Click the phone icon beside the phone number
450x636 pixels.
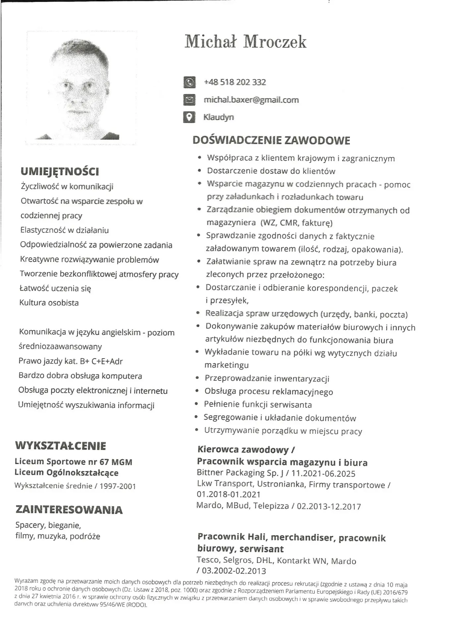click(x=189, y=82)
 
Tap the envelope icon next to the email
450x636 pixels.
click(x=189, y=100)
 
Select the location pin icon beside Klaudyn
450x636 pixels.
click(x=189, y=117)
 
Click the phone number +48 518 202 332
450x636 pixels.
click(x=235, y=82)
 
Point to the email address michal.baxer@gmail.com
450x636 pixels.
click(x=251, y=100)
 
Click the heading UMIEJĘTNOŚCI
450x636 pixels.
click(x=60, y=171)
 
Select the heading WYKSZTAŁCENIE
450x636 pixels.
click(x=61, y=446)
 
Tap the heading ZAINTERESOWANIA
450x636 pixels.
click(x=69, y=509)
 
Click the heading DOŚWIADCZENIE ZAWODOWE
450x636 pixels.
click(x=271, y=140)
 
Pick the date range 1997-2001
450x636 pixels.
click(x=118, y=486)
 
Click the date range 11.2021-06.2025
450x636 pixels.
click(x=323, y=473)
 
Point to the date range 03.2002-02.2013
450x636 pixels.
click(x=234, y=571)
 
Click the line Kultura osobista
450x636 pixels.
click(x=49, y=303)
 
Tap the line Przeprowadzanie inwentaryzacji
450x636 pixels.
click(x=267, y=378)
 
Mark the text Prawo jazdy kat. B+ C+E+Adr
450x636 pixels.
click(x=71, y=361)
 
